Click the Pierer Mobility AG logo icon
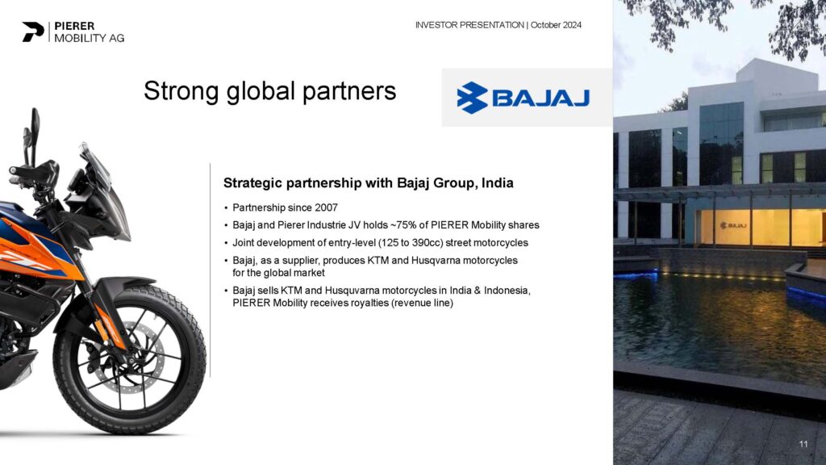pyautogui.click(x=32, y=31)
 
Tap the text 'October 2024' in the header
pyautogui.click(x=556, y=25)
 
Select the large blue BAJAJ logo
pyautogui.click(x=523, y=98)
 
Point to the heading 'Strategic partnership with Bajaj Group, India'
pyautogui.click(x=368, y=183)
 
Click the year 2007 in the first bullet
pyautogui.click(x=326, y=207)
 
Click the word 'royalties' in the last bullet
pyautogui.click(x=369, y=304)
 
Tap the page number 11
pyautogui.click(x=803, y=444)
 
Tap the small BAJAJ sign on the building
pyautogui.click(x=733, y=226)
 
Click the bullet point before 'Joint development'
pyautogui.click(x=226, y=243)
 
